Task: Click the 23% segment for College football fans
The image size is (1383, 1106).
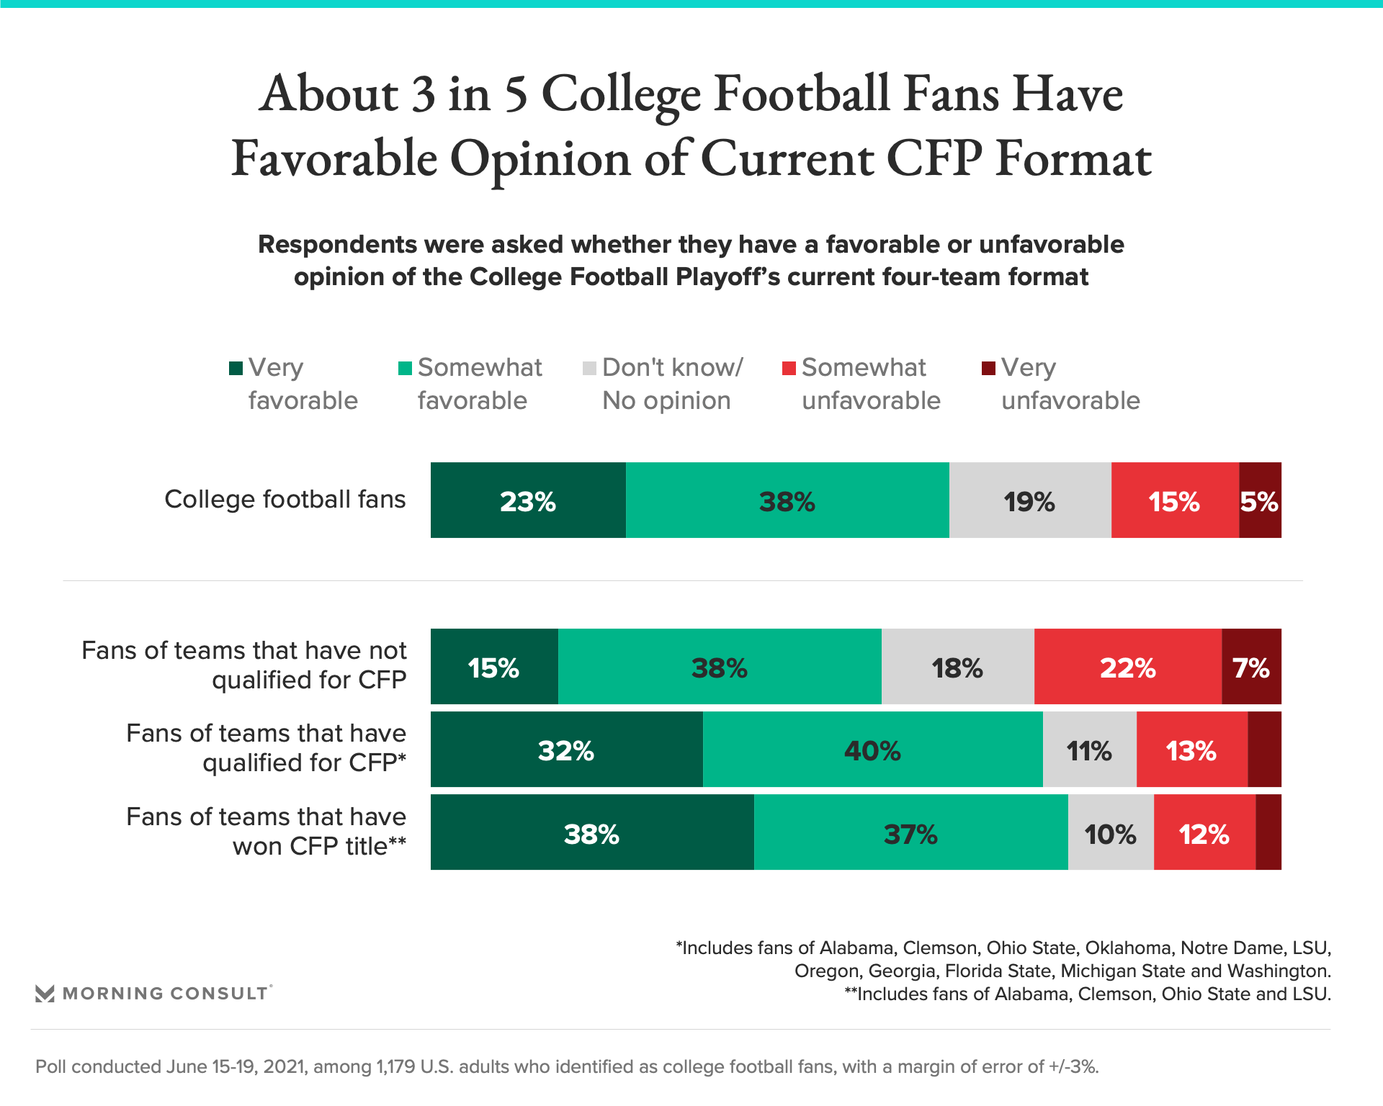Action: [528, 500]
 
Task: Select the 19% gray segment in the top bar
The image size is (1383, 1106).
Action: [1030, 500]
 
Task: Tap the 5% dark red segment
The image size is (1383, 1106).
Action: [1260, 500]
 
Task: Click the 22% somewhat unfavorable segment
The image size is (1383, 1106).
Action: [1127, 667]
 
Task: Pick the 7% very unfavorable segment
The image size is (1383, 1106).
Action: [1251, 667]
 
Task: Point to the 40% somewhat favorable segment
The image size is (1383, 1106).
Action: [872, 750]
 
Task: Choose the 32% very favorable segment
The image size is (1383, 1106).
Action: [566, 750]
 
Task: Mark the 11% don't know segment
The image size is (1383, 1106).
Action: [1089, 750]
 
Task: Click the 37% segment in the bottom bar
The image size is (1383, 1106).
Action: [910, 833]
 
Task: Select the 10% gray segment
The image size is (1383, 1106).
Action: [1111, 833]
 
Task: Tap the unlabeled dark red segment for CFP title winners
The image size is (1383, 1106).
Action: [1268, 833]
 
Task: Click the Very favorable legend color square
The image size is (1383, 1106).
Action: [236, 369]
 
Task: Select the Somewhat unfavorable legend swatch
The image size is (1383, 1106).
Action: [789, 369]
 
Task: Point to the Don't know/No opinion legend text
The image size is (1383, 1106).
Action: [671, 384]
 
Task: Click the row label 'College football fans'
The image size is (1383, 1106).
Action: [285, 499]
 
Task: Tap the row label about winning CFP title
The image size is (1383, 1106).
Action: [267, 832]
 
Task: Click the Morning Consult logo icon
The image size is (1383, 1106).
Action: [45, 994]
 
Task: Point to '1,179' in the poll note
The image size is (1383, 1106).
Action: [395, 1066]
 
